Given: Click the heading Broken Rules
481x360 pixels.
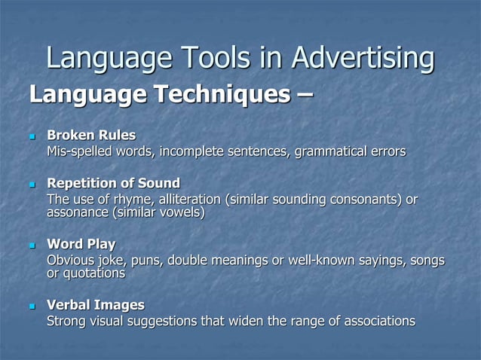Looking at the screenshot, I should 91,136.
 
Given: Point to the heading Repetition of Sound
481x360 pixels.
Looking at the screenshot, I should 113,183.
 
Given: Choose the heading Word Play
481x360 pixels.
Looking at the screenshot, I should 81,244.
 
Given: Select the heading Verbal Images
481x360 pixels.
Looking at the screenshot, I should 96,305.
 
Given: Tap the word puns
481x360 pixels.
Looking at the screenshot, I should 146,261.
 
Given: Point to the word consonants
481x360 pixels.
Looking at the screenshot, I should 366,200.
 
